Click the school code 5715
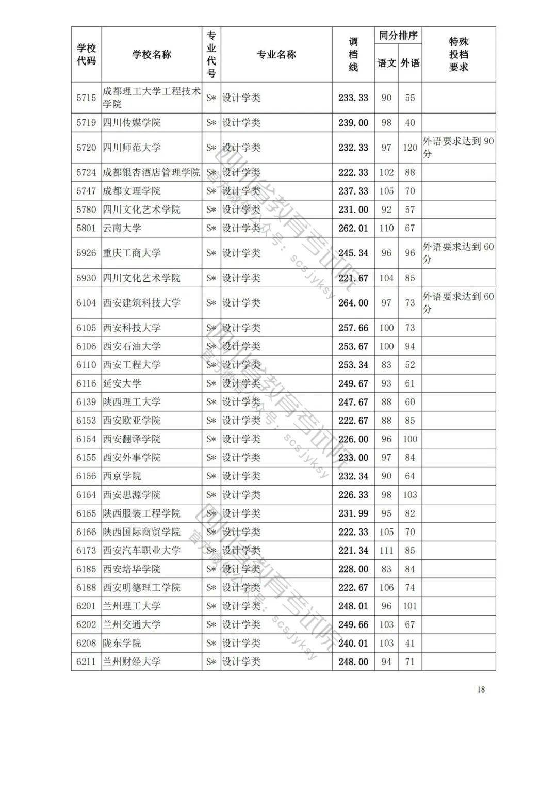86,98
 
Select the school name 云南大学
122,228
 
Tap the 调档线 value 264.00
353,303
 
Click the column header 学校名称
152,55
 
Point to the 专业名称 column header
276,55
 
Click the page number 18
481,689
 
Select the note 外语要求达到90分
458,148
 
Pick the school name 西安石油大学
132,346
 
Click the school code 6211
86,662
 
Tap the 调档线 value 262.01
353,228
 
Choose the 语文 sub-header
386,63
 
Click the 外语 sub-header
410,63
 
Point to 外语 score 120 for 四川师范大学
410,148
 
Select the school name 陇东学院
122,643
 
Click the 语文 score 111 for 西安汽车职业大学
386,551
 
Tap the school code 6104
86,303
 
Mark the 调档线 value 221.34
353,551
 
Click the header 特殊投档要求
458,55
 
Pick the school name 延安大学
122,383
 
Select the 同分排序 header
398,36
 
